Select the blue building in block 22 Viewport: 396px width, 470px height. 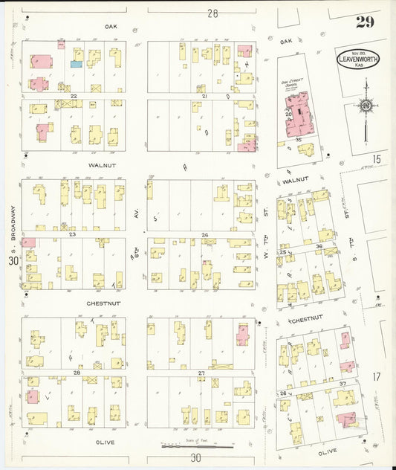(x=76, y=65)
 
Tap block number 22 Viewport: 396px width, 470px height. (x=74, y=97)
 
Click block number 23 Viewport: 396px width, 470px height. (x=73, y=234)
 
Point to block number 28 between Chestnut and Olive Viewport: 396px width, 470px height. (x=77, y=372)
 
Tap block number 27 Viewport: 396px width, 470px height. (x=201, y=372)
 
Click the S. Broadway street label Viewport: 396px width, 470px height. (x=13, y=223)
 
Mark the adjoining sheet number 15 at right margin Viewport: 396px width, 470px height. (x=377, y=158)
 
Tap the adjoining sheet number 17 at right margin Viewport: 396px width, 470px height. (x=377, y=377)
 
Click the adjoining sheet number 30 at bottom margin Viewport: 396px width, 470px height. (x=195, y=459)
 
